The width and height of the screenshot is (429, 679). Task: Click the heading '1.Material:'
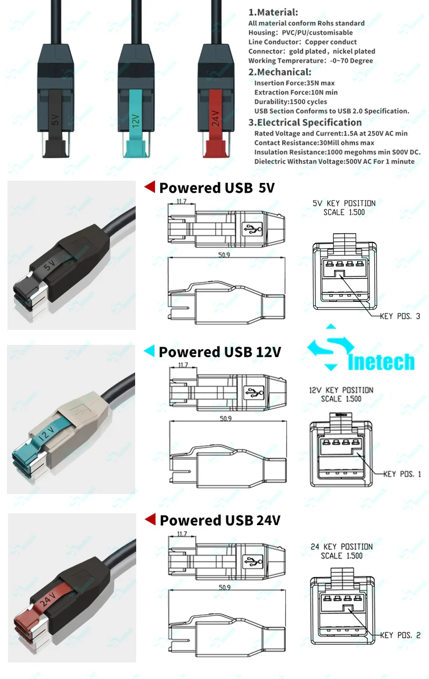click(273, 12)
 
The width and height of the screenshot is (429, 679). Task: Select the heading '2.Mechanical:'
click(280, 72)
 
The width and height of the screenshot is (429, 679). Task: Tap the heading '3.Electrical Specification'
click(305, 122)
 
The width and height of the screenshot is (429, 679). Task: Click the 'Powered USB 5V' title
click(217, 188)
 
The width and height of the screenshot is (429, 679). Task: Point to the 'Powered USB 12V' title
click(220, 352)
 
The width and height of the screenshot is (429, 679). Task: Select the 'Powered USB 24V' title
click(220, 520)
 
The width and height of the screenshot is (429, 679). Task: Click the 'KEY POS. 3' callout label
click(400, 316)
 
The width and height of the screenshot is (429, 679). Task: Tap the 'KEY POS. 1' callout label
click(402, 474)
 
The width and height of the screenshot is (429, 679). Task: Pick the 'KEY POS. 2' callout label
click(401, 635)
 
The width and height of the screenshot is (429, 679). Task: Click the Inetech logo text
click(381, 361)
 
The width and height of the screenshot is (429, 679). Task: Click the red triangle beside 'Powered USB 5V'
click(150, 187)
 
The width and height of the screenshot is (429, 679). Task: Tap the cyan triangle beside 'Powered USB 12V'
click(150, 351)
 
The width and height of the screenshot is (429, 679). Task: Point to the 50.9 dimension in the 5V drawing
click(224, 255)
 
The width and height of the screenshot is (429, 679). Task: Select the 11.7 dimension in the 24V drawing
click(182, 534)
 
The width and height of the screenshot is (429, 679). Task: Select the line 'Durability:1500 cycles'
click(291, 102)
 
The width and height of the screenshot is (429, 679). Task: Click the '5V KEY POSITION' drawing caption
click(344, 203)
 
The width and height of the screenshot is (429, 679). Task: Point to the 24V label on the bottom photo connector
click(48, 599)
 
